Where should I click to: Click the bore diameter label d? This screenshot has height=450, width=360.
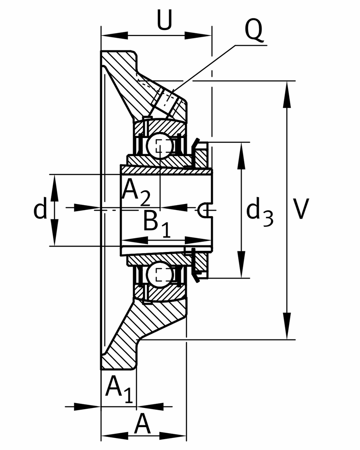click(x=40, y=209)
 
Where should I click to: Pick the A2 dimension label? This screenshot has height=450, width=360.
click(x=136, y=192)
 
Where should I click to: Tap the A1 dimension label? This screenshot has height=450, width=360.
click(x=118, y=389)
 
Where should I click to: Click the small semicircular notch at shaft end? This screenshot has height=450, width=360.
click(x=204, y=210)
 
